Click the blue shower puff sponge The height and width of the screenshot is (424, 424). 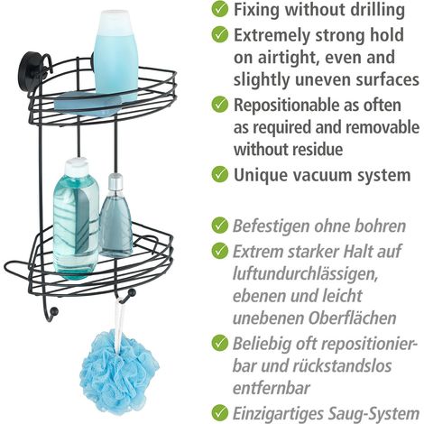(x=119, y=373)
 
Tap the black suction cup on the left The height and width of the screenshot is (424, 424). (x=29, y=64)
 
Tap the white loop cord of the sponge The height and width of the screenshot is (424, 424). (x=120, y=322)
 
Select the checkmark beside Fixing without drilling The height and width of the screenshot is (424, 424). (x=220, y=9)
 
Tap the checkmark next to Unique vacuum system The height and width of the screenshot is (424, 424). (x=220, y=174)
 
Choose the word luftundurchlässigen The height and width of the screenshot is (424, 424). (x=305, y=274)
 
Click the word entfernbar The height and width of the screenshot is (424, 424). (x=271, y=388)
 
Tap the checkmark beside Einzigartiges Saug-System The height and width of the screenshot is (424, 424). (x=220, y=412)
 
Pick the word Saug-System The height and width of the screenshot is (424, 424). (x=373, y=414)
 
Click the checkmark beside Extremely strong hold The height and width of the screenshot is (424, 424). (x=220, y=34)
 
